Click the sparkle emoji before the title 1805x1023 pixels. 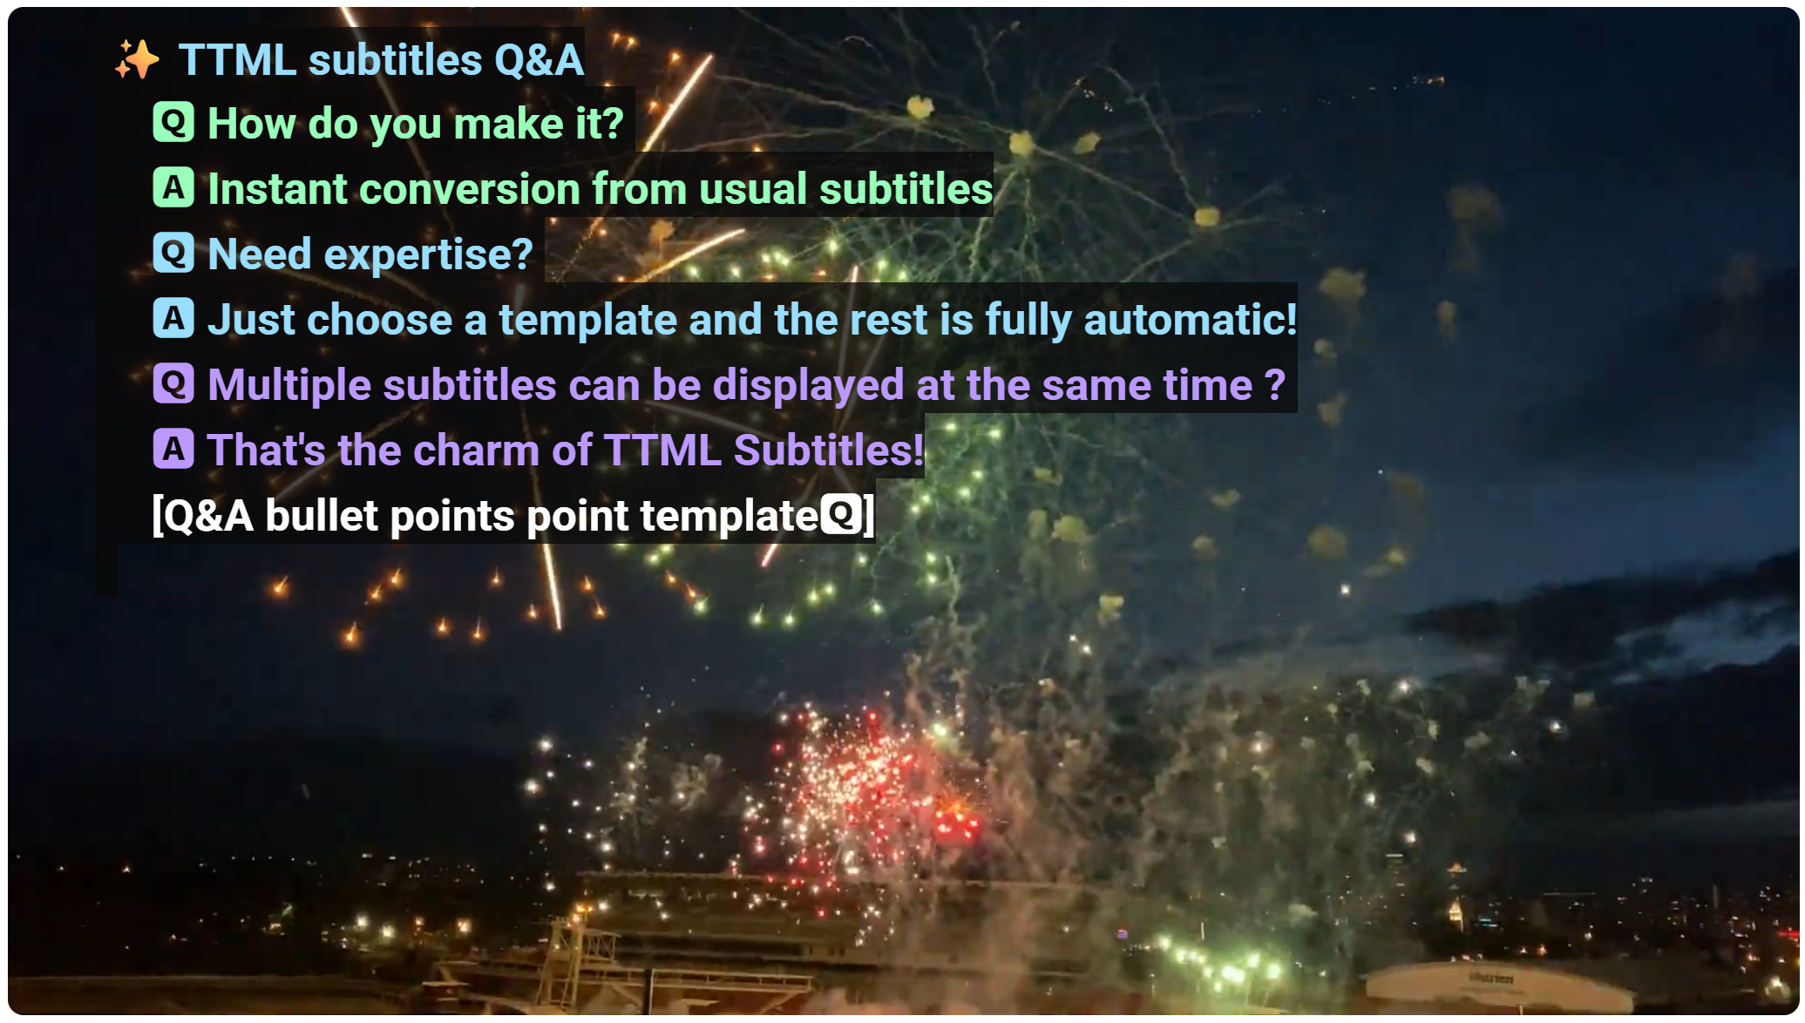click(137, 59)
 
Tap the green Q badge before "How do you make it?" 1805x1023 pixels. click(173, 122)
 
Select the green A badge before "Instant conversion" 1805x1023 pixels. click(173, 187)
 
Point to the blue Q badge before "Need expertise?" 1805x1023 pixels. click(173, 253)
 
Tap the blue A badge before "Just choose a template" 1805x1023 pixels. click(173, 318)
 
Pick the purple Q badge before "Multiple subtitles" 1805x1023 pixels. click(173, 383)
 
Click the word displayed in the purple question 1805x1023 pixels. click(809, 386)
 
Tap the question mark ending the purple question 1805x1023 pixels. click(1274, 384)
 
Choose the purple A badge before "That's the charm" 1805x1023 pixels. click(173, 449)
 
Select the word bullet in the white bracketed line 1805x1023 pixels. click(322, 515)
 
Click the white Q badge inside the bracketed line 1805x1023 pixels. click(841, 514)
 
